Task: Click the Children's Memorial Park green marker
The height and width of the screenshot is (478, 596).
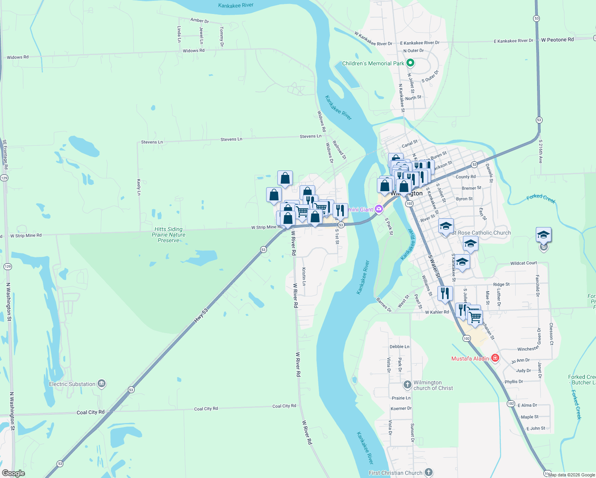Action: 410,63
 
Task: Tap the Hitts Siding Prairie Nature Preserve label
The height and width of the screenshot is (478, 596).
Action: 169,235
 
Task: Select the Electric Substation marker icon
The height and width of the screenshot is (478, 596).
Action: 102,384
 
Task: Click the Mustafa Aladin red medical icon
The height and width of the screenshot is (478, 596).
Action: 495,358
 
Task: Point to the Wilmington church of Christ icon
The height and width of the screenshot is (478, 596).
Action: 407,385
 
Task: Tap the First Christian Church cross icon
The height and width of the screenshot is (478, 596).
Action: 428,473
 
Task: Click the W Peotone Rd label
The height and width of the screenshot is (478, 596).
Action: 557,40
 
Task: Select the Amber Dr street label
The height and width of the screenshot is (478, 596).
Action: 200,20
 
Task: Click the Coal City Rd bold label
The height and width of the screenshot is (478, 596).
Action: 90,412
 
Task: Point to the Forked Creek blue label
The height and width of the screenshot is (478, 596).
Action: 541,198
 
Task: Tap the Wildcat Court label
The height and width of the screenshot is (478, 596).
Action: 523,263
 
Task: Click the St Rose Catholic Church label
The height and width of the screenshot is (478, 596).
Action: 481,233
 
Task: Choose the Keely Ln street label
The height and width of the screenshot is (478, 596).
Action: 139,187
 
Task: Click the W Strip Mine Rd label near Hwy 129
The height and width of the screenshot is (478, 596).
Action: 26,235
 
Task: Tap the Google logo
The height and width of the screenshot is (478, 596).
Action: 13,473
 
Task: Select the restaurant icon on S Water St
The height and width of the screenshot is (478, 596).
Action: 445,294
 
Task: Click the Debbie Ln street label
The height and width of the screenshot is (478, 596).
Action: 399,347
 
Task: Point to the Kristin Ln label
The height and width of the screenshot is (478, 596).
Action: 304,276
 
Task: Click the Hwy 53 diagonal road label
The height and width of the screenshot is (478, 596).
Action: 201,315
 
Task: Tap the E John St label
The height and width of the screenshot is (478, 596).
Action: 535,429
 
